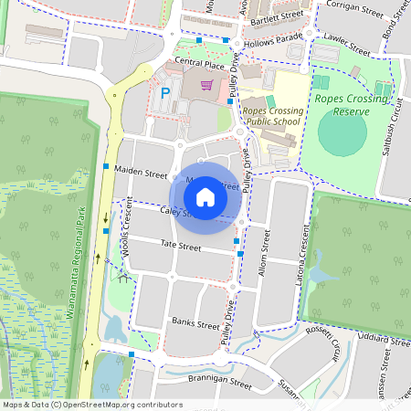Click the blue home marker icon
point(205,196)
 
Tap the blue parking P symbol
point(166,92)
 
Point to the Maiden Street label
point(141,174)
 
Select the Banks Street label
point(195,323)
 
